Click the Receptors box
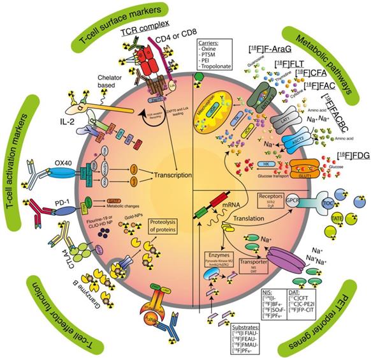[x=263, y=199]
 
